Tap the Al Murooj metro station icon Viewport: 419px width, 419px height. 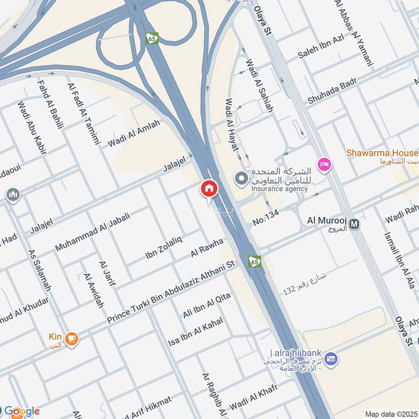355,224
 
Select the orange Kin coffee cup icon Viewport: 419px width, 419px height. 72,339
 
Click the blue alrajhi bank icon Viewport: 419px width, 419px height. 330,359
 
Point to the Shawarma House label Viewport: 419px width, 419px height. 382,153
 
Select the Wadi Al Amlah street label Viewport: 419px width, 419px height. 134,134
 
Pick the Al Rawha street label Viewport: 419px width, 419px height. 207,247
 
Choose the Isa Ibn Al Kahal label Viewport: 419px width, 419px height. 195,332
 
